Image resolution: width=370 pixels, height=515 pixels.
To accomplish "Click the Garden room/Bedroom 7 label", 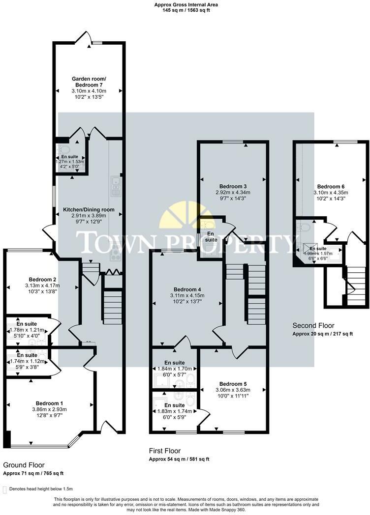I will [x=88, y=82].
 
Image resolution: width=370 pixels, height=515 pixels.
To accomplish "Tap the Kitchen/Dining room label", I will [x=89, y=209].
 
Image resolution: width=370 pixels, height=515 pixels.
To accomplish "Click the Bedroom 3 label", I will [x=233, y=186].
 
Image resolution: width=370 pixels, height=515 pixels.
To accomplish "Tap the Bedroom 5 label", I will [x=233, y=384].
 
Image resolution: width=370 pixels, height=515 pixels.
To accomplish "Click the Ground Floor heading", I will [x=24, y=464].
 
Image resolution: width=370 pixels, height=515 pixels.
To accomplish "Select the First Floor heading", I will [x=165, y=451].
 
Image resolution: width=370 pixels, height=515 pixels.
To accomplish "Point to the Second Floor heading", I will [x=313, y=325].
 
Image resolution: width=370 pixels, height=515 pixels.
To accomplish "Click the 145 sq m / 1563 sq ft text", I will [x=186, y=10].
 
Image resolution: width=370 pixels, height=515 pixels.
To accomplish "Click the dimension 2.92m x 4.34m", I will [x=233, y=193].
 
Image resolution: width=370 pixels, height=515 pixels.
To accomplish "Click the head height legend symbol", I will [x=5, y=489].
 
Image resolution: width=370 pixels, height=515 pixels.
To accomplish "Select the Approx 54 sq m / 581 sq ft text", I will [x=179, y=459].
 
